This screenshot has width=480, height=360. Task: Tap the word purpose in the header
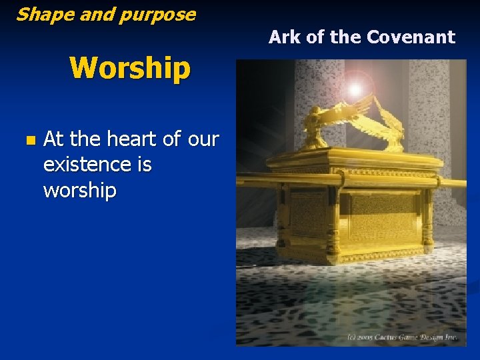coord(161,15)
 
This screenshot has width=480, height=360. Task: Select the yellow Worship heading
coord(130,68)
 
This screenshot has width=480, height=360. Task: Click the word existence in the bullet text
coord(97,164)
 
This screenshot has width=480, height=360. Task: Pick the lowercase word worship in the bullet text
coord(79,190)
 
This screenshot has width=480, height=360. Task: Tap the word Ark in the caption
coord(285,37)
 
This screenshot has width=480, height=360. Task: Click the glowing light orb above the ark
coord(355,89)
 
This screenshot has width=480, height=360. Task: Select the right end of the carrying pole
coord(460,183)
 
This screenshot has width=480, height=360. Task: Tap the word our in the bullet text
coord(203,139)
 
